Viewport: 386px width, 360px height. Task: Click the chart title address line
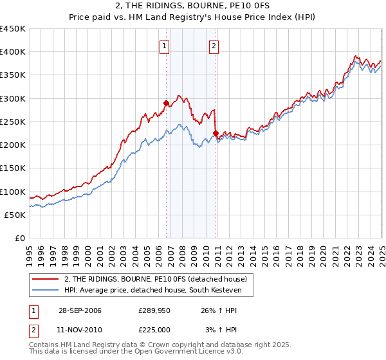(192, 6)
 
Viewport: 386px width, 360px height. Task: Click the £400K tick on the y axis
(12, 52)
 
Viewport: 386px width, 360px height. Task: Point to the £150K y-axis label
(12, 168)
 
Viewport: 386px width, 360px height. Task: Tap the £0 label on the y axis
(20, 239)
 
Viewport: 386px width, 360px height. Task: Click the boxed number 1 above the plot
(165, 46)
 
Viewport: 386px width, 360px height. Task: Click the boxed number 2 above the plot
(214, 46)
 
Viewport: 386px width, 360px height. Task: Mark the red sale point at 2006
(166, 103)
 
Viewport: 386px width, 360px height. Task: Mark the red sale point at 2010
(215, 134)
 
